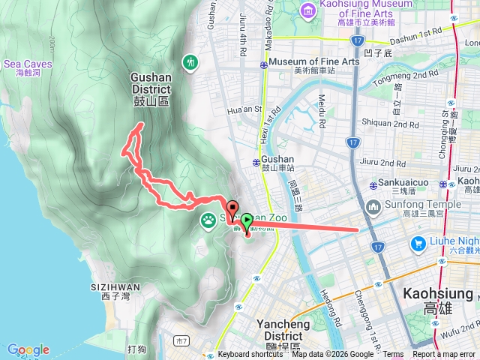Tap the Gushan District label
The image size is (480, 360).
pyautogui.click(x=157, y=82)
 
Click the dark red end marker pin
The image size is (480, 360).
pyautogui.click(x=232, y=211)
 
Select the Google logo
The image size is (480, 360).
pyautogui.click(x=28, y=349)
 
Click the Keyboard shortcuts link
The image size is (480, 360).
pyautogui.click(x=250, y=355)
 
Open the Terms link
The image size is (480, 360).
pyautogui.click(x=394, y=355)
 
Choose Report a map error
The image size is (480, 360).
pyautogui.click(x=445, y=355)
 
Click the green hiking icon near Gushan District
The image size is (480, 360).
pyautogui.click(x=190, y=61)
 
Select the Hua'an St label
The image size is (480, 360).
pyautogui.click(x=241, y=111)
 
